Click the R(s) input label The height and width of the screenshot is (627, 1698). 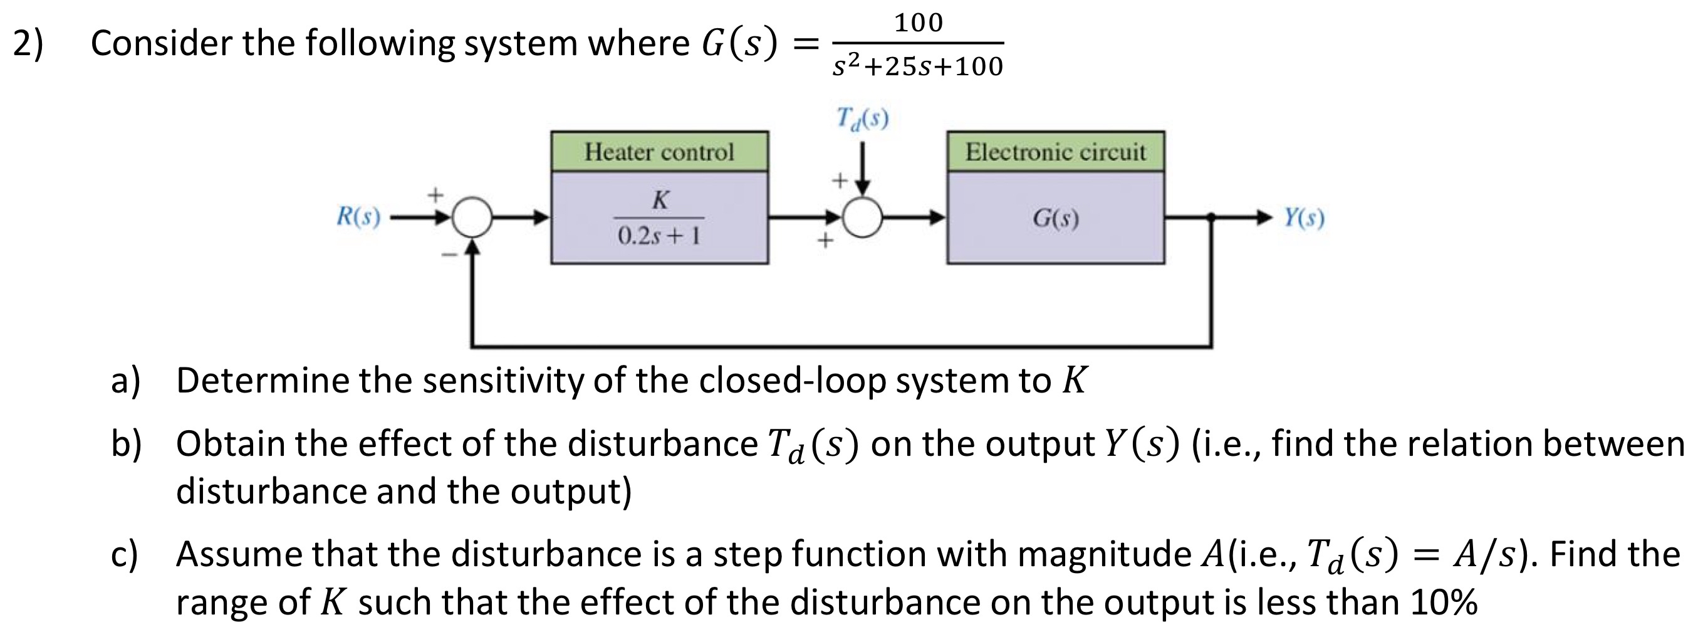click(358, 216)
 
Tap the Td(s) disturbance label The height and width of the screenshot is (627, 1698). click(862, 119)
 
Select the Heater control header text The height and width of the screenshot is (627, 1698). click(659, 152)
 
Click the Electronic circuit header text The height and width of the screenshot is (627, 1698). click(1055, 152)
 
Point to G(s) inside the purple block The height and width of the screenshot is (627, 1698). click(1055, 218)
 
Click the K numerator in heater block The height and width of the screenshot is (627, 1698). click(660, 200)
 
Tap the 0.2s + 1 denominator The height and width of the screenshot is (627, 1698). click(659, 235)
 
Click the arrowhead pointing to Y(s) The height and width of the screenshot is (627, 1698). click(1264, 217)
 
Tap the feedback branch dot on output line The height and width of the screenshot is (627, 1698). click(1211, 217)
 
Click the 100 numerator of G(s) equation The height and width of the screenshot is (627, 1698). click(918, 23)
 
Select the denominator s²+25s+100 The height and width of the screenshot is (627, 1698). click(917, 66)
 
